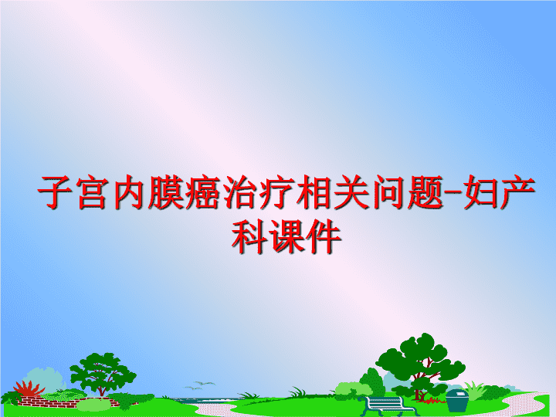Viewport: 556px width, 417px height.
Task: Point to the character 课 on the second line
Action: [x=286, y=236]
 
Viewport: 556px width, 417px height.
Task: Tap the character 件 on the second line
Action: [x=324, y=236]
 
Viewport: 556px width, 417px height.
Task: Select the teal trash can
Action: [x=457, y=400]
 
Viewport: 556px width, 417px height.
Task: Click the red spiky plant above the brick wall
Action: [x=29, y=389]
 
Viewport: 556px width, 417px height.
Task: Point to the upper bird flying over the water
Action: [x=205, y=383]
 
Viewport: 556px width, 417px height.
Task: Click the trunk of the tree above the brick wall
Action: [x=102, y=389]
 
